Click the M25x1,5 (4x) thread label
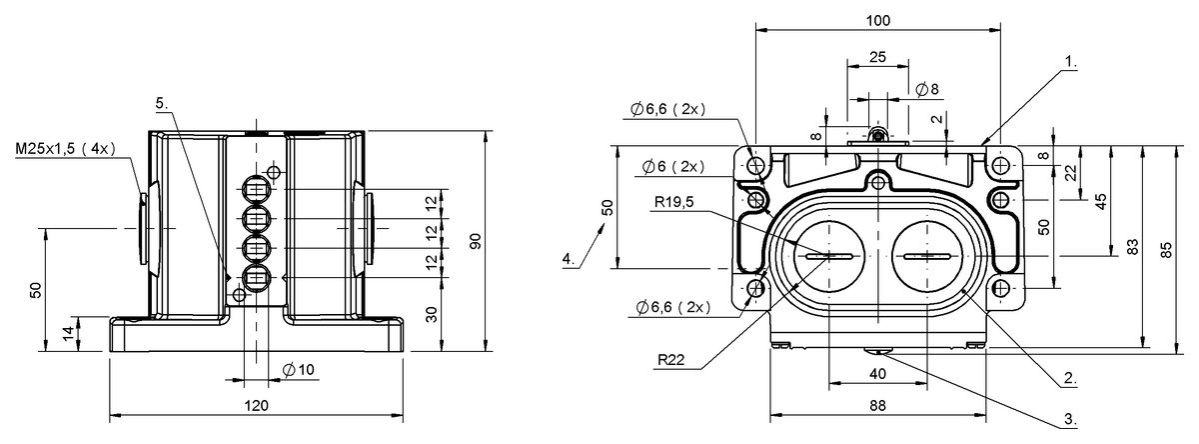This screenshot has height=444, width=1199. tap(65, 148)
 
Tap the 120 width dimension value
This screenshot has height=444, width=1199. tap(257, 405)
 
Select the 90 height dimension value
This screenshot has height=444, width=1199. tap(476, 241)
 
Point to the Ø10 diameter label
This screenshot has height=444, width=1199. tap(298, 370)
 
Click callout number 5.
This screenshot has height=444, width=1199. tap(162, 103)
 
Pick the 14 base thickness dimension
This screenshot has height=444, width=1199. tap(69, 334)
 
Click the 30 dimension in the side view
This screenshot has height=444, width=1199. tap(432, 314)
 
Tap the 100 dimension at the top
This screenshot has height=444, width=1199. tap(878, 20)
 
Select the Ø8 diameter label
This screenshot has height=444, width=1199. tap(927, 89)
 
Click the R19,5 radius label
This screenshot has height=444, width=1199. tap(673, 201)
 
